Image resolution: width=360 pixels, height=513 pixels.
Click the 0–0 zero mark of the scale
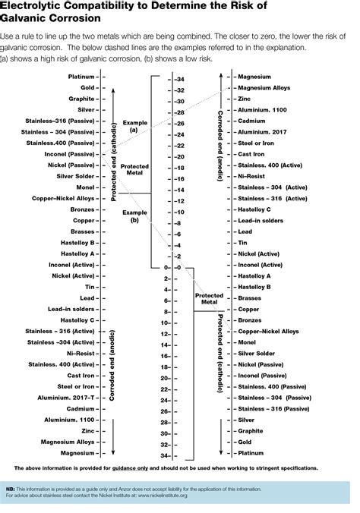tap(172, 268)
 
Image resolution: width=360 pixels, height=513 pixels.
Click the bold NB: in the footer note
tap(11, 490)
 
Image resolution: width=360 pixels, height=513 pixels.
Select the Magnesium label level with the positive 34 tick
tap(77, 452)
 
